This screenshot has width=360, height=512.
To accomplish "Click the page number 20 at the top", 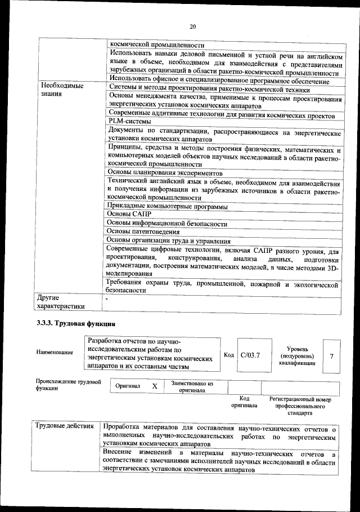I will pos(192,26).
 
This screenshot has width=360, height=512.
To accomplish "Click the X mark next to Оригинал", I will pos(154,386).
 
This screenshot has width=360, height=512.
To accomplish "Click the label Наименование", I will pos(55,353).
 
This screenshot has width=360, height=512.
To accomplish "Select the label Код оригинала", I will pos(244,402).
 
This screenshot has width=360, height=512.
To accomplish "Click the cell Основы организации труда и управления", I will pos(169,240).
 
